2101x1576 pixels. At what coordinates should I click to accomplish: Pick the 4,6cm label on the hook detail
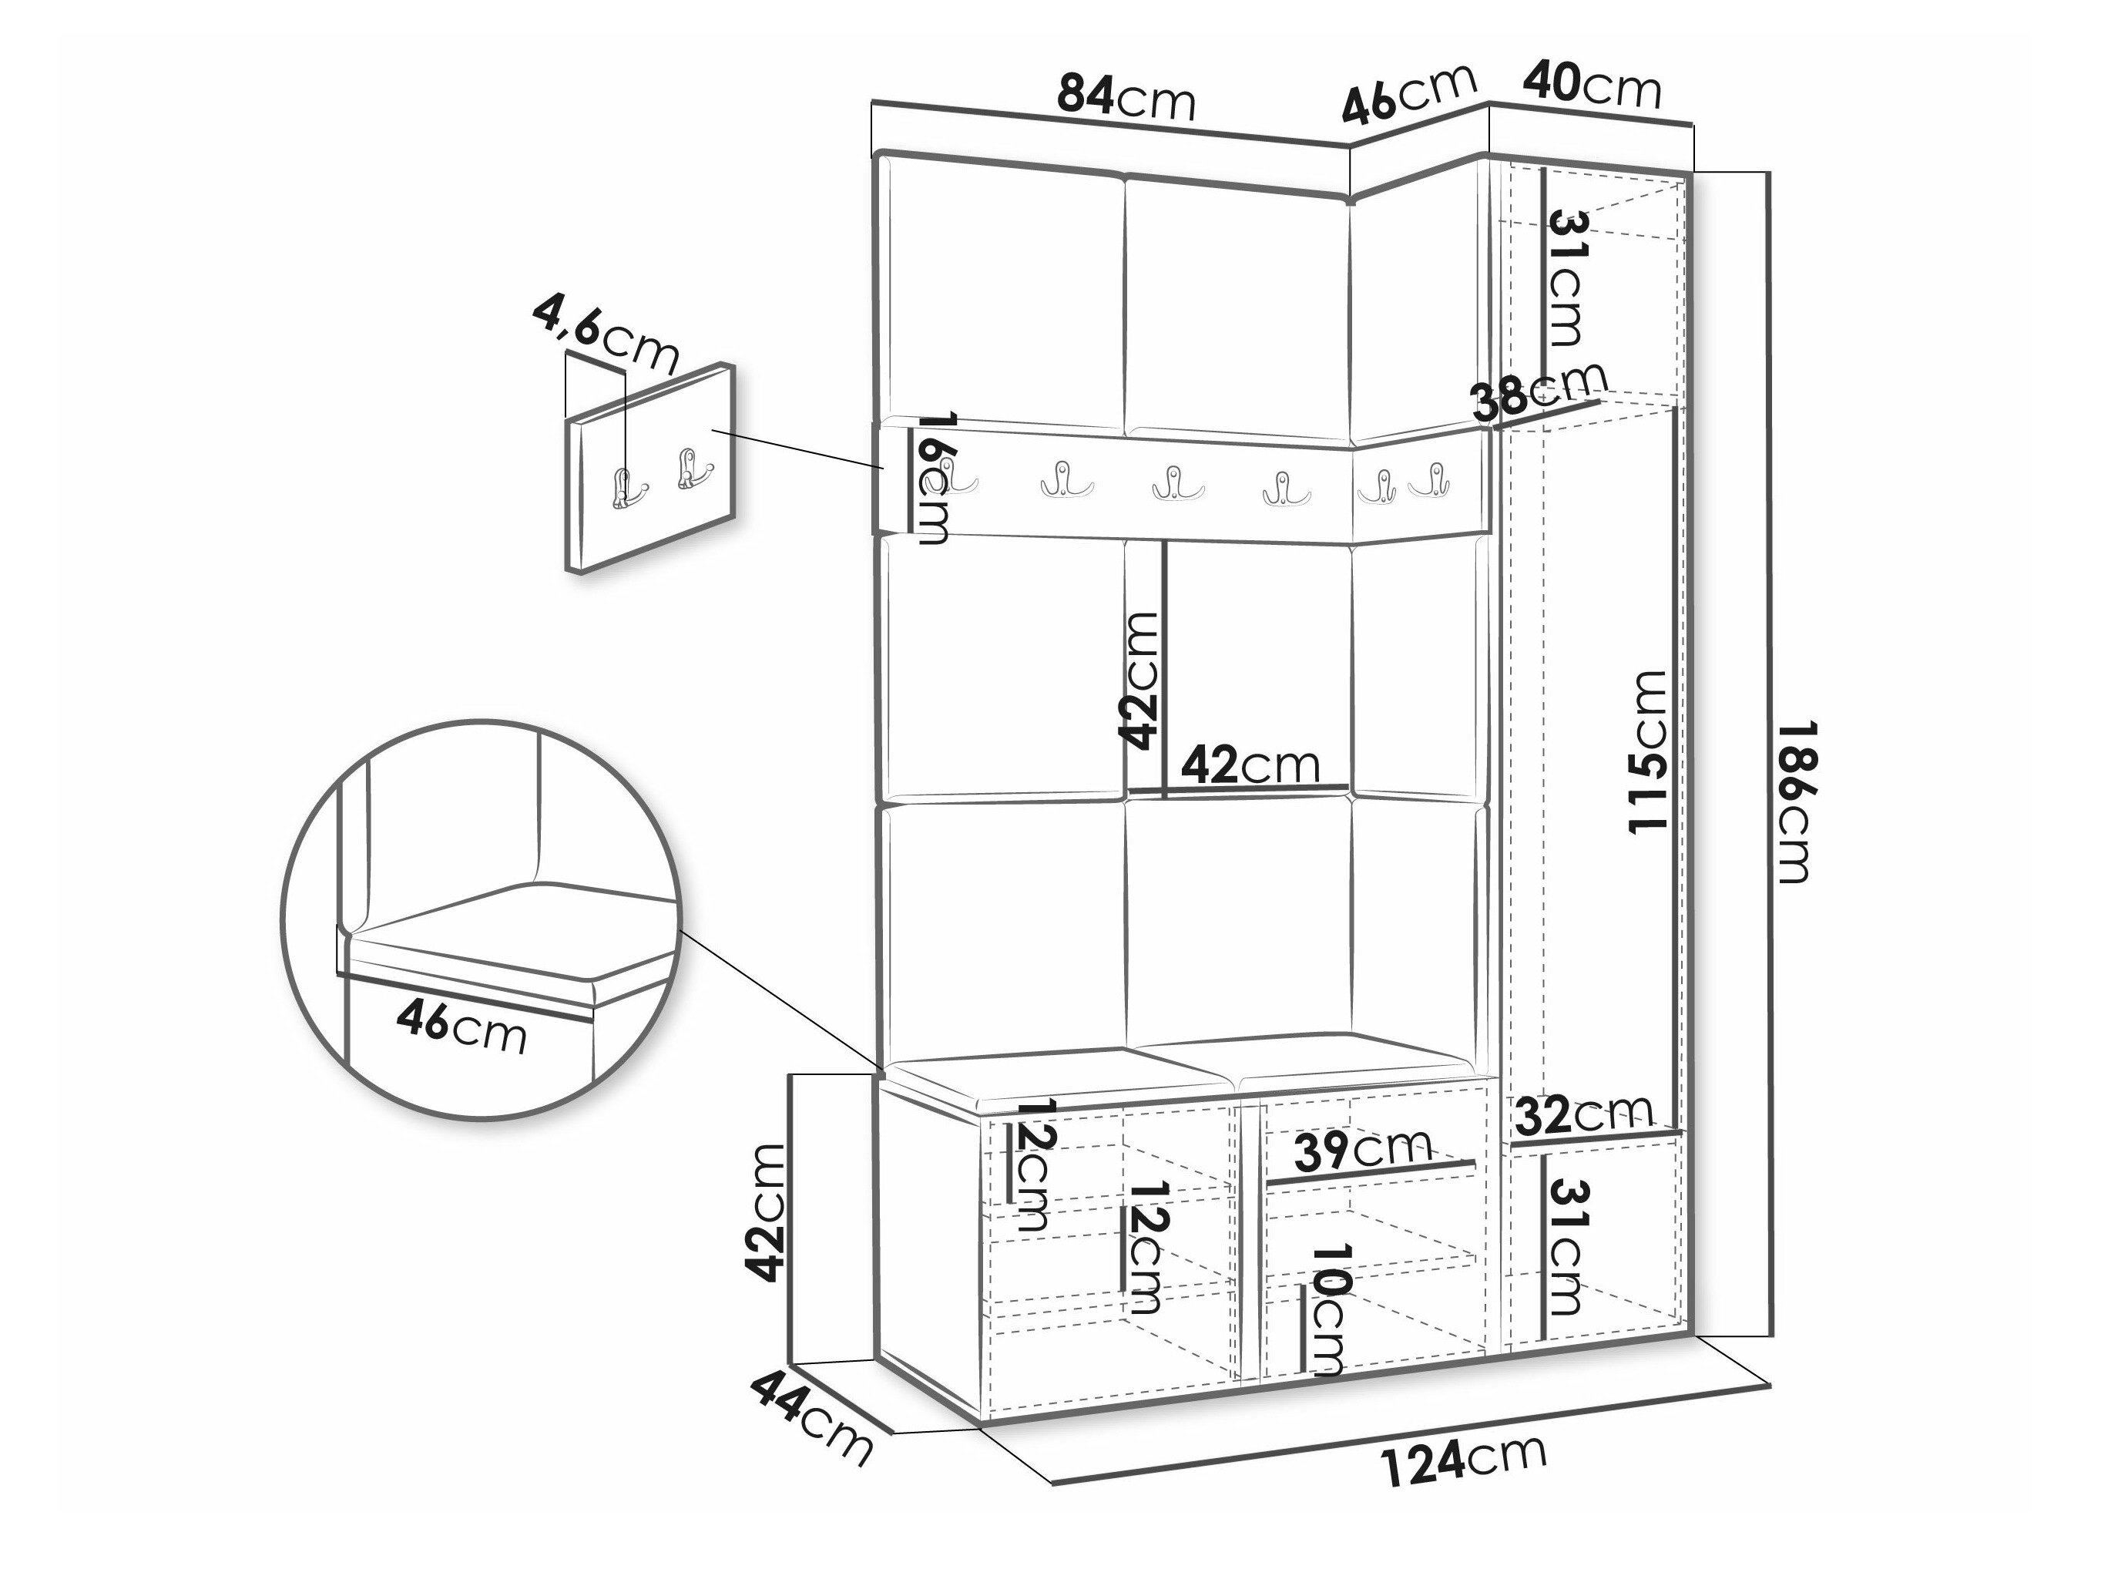point(605,334)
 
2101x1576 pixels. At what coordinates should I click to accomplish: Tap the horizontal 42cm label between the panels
point(1250,764)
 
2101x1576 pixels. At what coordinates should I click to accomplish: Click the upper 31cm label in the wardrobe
point(1563,277)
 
